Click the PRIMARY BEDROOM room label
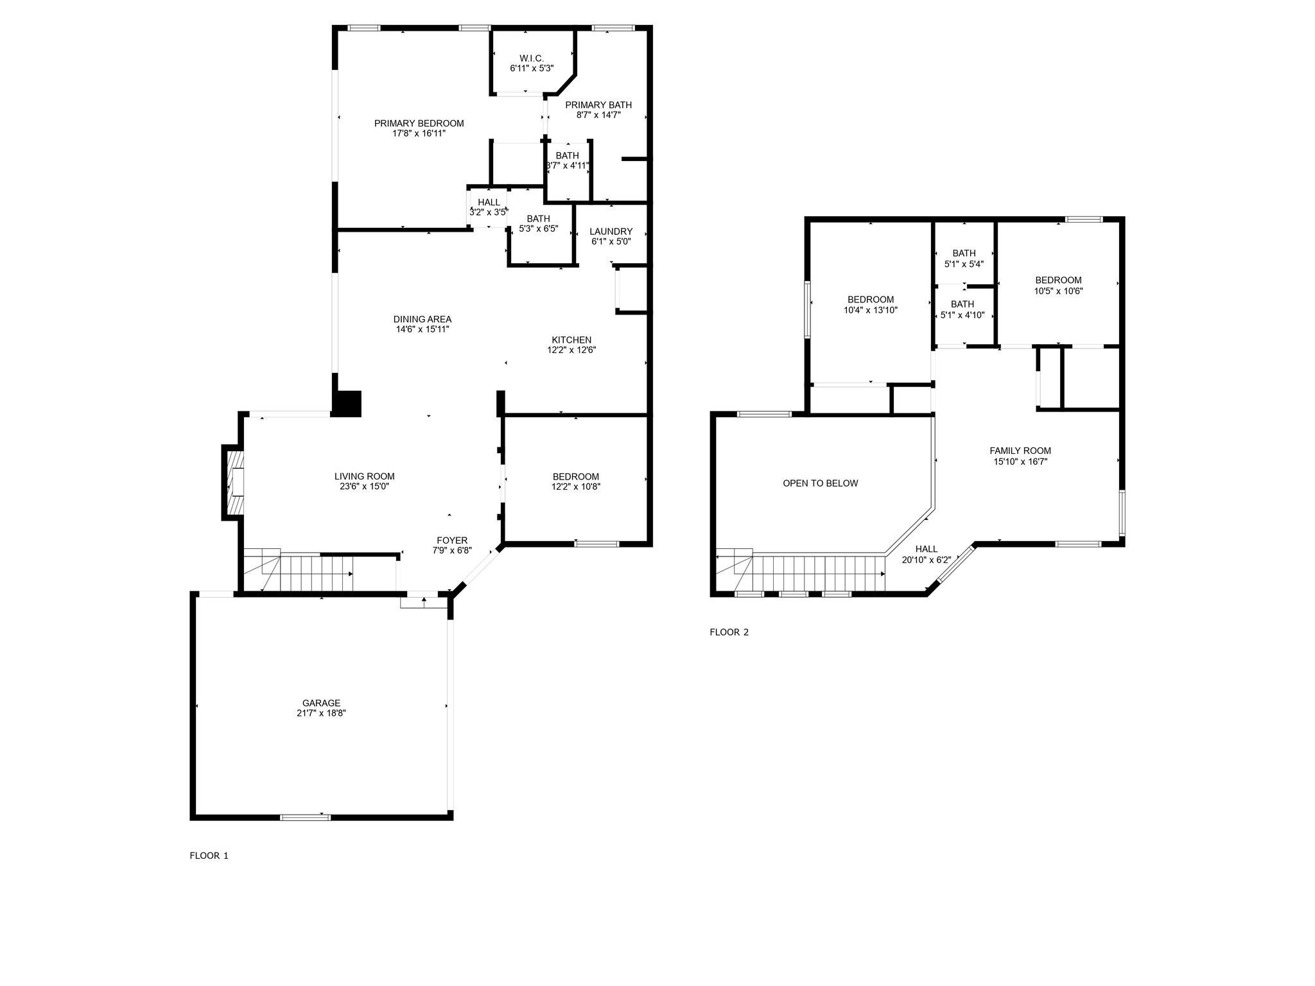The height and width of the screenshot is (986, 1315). (x=419, y=123)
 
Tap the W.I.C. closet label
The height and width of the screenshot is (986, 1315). (x=532, y=58)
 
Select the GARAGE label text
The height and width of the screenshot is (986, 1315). (x=321, y=703)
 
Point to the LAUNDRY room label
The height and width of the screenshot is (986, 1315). (x=611, y=232)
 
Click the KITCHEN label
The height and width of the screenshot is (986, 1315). (x=571, y=340)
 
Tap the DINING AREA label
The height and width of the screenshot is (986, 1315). (x=422, y=319)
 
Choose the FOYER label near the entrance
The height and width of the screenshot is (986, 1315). (x=452, y=541)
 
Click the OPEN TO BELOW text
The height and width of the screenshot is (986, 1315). (x=820, y=483)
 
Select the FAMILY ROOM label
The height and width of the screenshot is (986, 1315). (x=1020, y=451)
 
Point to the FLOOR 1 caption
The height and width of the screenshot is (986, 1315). (x=209, y=856)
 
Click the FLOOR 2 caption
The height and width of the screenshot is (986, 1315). (x=729, y=632)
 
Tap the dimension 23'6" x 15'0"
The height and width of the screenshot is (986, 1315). (x=364, y=487)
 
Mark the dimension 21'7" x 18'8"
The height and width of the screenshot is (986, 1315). (x=321, y=713)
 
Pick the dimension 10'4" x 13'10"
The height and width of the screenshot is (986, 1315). (x=870, y=310)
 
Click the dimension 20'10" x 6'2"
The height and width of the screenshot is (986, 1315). (x=926, y=560)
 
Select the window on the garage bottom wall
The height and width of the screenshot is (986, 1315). (x=305, y=817)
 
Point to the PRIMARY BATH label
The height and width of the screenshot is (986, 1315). (x=598, y=105)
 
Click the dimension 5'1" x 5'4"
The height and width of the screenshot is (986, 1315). (x=964, y=264)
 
